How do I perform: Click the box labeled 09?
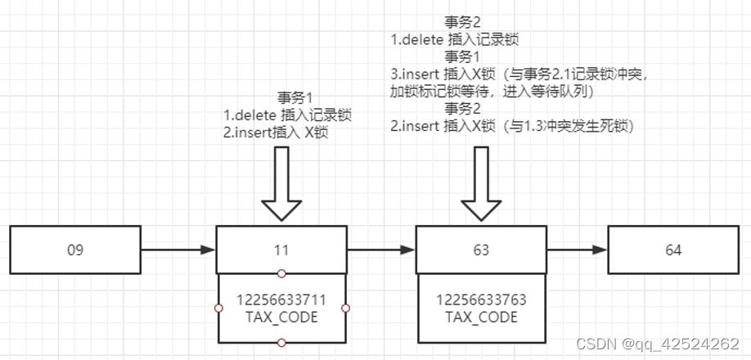75,250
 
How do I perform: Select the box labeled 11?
281,250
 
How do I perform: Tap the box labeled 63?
481,250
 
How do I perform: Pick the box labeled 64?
672,250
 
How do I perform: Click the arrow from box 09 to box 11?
178,250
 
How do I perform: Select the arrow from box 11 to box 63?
381,250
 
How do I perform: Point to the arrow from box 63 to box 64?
577,250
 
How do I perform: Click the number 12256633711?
281,299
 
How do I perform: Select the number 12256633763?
481,299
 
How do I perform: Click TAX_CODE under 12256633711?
281,317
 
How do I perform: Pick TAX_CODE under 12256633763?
481,317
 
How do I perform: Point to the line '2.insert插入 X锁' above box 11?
275,133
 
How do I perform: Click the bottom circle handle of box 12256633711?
281,342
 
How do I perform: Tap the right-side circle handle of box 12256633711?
345,308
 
